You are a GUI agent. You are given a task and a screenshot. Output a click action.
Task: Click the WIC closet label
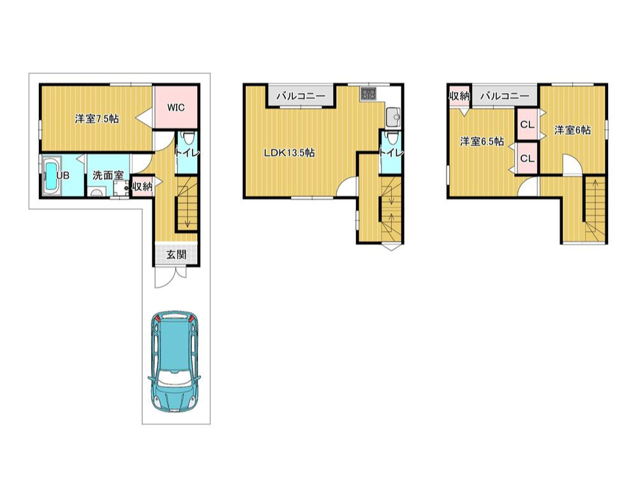[176, 107]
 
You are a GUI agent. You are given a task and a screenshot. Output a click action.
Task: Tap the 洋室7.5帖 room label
[97, 119]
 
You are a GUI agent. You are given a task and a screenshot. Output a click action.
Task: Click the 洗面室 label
[108, 175]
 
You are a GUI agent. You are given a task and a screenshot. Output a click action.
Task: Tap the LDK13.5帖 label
[289, 153]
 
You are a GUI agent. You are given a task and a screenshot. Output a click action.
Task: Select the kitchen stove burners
[368, 94]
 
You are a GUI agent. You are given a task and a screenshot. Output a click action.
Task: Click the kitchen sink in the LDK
[393, 117]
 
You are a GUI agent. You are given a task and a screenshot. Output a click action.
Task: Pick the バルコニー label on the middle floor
[300, 96]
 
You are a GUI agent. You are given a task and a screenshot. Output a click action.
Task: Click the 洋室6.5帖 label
[482, 141]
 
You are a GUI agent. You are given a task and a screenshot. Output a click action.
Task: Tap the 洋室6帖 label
[572, 130]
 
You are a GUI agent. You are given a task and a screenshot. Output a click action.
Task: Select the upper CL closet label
[528, 125]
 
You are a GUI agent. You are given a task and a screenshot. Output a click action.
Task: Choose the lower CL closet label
[528, 158]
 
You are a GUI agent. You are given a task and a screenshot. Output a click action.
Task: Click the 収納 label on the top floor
[459, 96]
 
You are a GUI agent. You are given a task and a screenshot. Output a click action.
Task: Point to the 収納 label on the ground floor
[142, 187]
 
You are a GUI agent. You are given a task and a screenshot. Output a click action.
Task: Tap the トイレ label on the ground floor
[187, 153]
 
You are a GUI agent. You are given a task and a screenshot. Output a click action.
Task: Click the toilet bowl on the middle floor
[391, 138]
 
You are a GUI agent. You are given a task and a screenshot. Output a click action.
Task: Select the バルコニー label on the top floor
[505, 96]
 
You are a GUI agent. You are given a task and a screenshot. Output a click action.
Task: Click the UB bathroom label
[63, 175]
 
